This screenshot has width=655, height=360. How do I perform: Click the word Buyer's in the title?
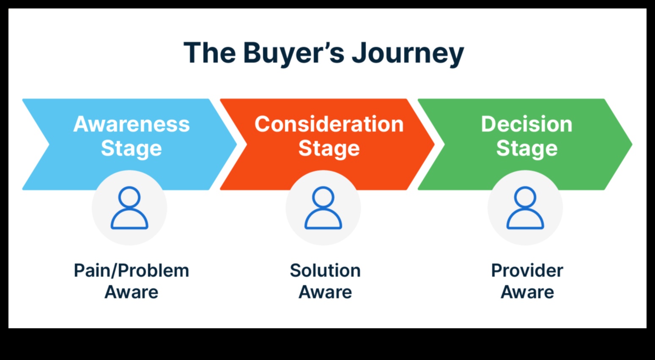pyautogui.click(x=294, y=53)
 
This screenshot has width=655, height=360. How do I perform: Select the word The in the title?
pyautogui.click(x=209, y=53)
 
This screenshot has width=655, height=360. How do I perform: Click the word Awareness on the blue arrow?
pyautogui.click(x=132, y=124)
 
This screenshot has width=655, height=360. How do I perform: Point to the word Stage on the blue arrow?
pyautogui.click(x=132, y=148)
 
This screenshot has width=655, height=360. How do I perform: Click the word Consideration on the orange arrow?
pyautogui.click(x=329, y=124)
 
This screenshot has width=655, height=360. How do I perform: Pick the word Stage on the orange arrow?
pyautogui.click(x=329, y=148)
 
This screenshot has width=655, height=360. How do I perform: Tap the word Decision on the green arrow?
pyautogui.click(x=526, y=124)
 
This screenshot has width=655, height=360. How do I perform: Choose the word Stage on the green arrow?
pyautogui.click(x=526, y=148)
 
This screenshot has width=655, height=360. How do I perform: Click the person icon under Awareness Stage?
pyautogui.click(x=129, y=208)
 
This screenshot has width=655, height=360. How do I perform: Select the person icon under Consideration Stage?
pyautogui.click(x=323, y=208)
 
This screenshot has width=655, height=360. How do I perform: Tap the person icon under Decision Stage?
pyautogui.click(x=525, y=208)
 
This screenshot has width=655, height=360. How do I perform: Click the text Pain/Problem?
pyautogui.click(x=132, y=271)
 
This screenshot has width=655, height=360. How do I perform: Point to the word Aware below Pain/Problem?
pyautogui.click(x=132, y=292)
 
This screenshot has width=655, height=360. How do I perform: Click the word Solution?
pyautogui.click(x=325, y=271)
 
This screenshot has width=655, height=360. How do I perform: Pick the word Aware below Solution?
pyautogui.click(x=325, y=292)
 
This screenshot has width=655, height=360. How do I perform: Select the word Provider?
pyautogui.click(x=527, y=271)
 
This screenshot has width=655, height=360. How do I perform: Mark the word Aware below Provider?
pyautogui.click(x=527, y=292)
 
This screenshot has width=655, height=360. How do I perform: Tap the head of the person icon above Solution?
pyautogui.click(x=323, y=198)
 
